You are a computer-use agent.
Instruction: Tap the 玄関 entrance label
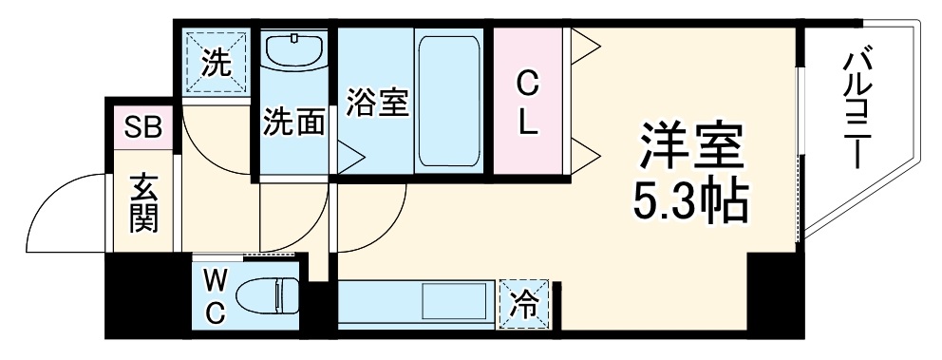(144, 203)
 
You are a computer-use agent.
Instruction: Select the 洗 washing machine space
(216, 64)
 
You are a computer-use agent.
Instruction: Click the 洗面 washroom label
(293, 123)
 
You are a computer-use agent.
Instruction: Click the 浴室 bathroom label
(377, 102)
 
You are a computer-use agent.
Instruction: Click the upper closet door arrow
(582, 43)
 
